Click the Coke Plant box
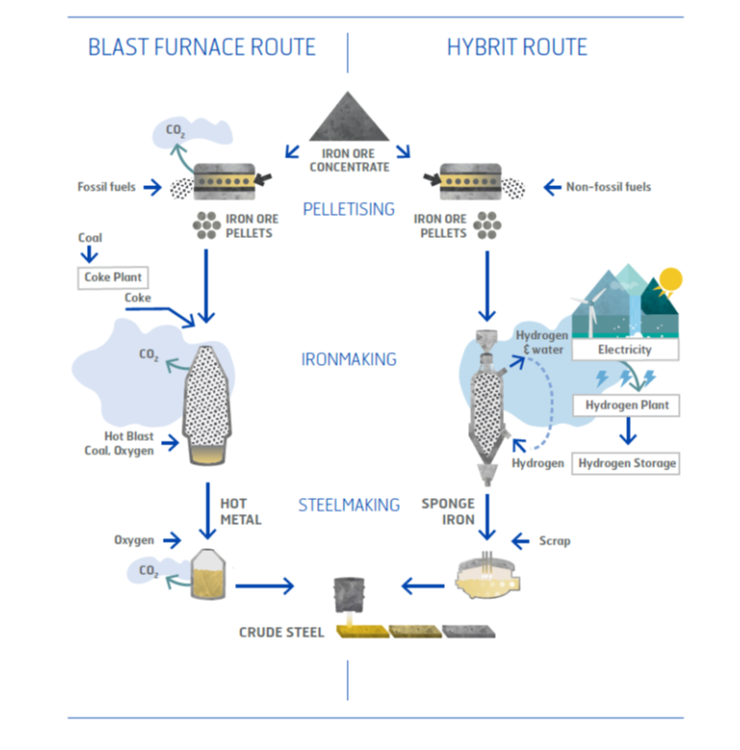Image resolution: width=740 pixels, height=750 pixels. (113, 278)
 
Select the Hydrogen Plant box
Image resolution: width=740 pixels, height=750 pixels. (626, 406)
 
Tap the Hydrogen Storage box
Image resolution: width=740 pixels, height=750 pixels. (626, 463)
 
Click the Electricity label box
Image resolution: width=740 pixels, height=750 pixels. (625, 350)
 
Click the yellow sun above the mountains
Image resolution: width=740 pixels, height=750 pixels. (670, 280)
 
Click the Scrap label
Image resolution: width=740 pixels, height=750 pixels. (555, 541)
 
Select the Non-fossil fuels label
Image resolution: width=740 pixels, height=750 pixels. (608, 186)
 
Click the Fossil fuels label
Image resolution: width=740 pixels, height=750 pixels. (106, 186)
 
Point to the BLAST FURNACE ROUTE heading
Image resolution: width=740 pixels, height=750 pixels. (202, 47)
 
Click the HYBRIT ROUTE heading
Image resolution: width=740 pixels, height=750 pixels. (517, 47)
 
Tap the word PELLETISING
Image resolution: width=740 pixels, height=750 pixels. (349, 209)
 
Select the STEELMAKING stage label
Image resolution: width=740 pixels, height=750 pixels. (349, 506)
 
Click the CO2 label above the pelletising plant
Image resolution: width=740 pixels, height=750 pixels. (175, 131)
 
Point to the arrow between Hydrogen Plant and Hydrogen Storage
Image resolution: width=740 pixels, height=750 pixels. (628, 431)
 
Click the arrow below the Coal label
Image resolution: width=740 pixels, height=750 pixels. (90, 254)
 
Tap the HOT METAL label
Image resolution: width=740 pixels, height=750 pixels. (240, 512)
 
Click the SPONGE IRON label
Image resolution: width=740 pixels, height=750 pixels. (448, 512)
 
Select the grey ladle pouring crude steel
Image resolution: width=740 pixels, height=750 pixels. (350, 595)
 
